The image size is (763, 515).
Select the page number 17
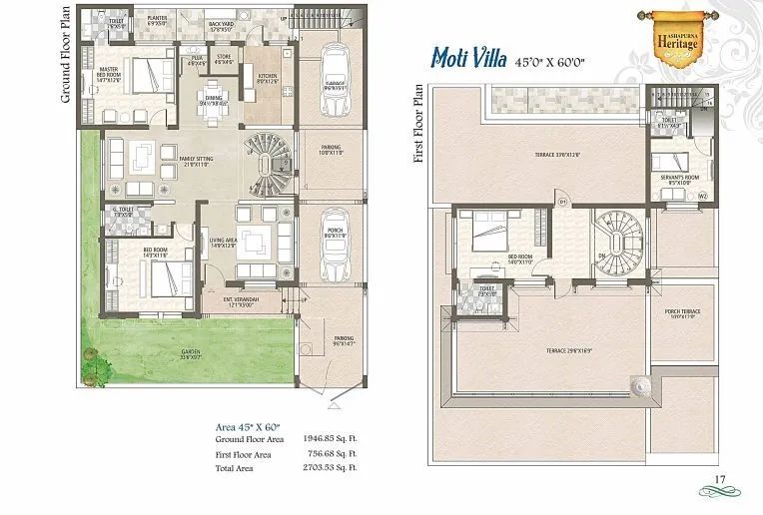tap(717, 481)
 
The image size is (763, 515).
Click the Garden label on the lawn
tap(191, 352)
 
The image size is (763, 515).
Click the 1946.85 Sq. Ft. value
tap(326, 439)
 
